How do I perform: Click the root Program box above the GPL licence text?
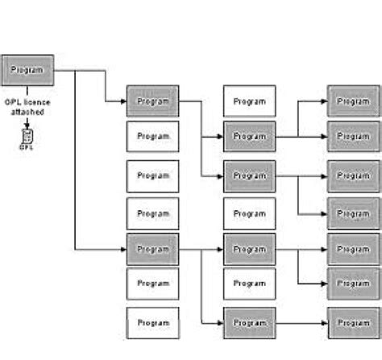[x=28, y=70]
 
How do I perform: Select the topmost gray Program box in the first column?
[x=152, y=101]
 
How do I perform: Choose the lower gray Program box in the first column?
[x=152, y=249]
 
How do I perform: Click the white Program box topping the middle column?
[x=249, y=101]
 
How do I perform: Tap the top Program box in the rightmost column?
[x=353, y=101]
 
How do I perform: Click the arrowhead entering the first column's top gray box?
[x=122, y=101]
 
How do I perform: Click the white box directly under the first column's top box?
[x=152, y=137]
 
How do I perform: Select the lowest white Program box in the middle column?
[x=249, y=283]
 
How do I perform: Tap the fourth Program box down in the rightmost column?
[x=353, y=213]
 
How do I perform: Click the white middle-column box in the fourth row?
[x=249, y=213]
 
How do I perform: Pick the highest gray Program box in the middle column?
[x=249, y=137]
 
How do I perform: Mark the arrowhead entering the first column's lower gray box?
[x=122, y=249]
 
